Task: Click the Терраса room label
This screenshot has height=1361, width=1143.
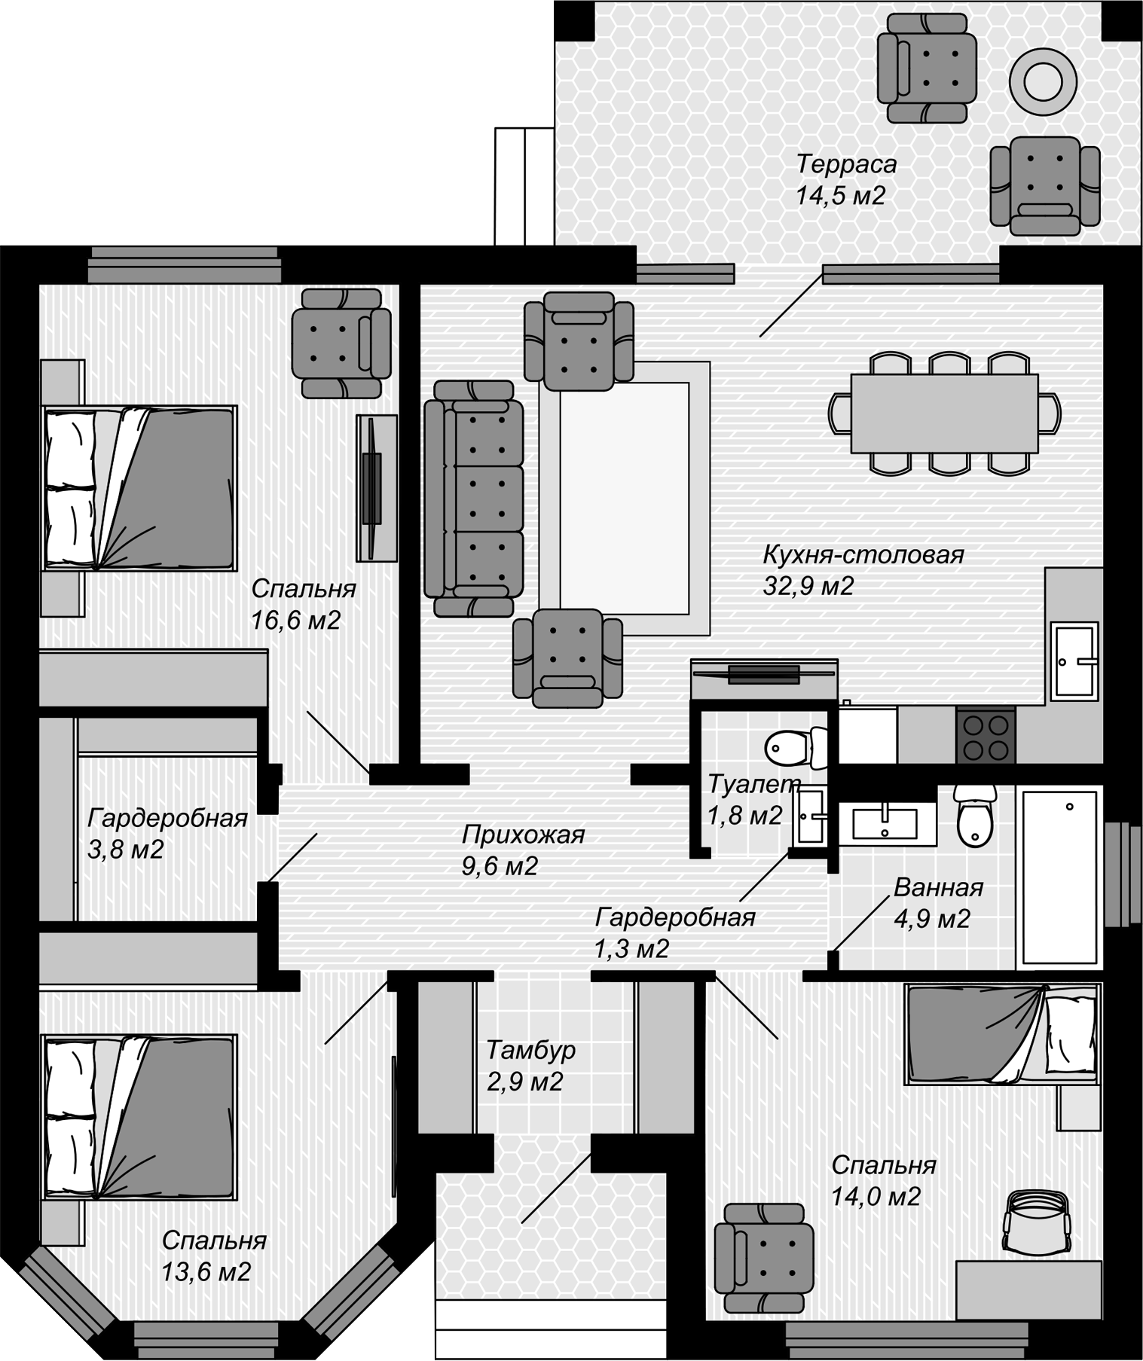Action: tap(847, 163)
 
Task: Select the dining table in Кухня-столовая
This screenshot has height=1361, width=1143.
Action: tap(944, 413)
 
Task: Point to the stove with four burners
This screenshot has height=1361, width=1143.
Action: tap(986, 737)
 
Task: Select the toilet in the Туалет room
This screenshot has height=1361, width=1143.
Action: tap(796, 748)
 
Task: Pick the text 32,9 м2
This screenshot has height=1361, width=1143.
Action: tap(808, 586)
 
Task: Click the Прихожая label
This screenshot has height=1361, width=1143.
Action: tap(523, 835)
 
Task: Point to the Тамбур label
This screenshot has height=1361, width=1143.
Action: tap(530, 1050)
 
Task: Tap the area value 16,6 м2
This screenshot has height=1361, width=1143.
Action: tap(296, 620)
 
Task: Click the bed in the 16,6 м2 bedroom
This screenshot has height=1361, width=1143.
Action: tap(140, 488)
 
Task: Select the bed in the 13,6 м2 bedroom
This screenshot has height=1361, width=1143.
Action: tap(140, 1115)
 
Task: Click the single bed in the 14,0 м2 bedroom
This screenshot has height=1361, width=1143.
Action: tap(1001, 1033)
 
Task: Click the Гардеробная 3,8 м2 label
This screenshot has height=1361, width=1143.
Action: tap(168, 833)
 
